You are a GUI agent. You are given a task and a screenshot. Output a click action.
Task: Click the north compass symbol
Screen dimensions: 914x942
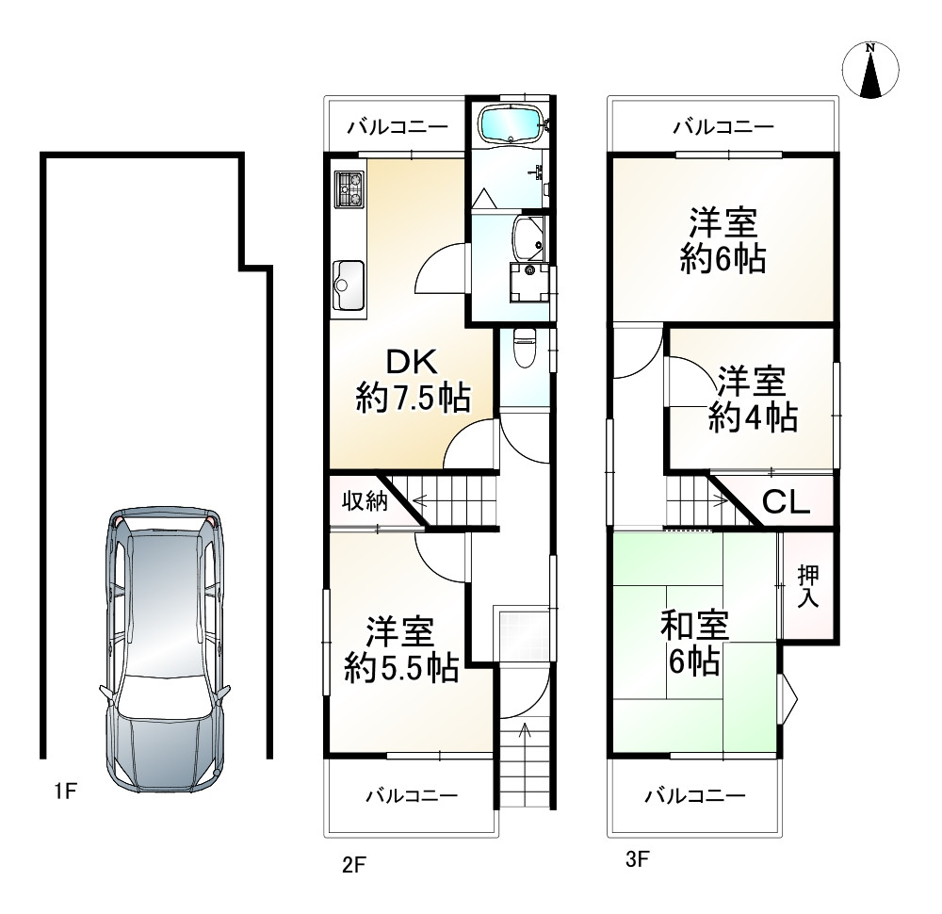871,72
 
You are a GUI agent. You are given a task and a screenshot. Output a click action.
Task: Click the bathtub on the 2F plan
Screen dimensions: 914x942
510,123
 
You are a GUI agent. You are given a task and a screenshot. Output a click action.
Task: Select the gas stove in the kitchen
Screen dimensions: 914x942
349,188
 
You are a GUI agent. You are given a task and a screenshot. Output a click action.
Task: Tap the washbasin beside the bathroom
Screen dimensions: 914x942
528,237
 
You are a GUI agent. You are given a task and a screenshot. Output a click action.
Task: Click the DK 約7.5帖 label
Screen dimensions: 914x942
412,380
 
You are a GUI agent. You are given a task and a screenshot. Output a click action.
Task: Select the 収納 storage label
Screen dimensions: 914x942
365,501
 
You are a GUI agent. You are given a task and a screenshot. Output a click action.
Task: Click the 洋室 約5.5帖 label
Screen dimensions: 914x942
402,649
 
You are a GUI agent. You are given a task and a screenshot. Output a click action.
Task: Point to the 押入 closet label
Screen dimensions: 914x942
807,585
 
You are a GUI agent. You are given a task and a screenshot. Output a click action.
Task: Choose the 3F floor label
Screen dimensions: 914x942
638,858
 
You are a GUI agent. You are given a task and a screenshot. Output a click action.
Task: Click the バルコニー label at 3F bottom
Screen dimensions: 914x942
695,796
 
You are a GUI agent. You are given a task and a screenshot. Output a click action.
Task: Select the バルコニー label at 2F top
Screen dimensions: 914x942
397,126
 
